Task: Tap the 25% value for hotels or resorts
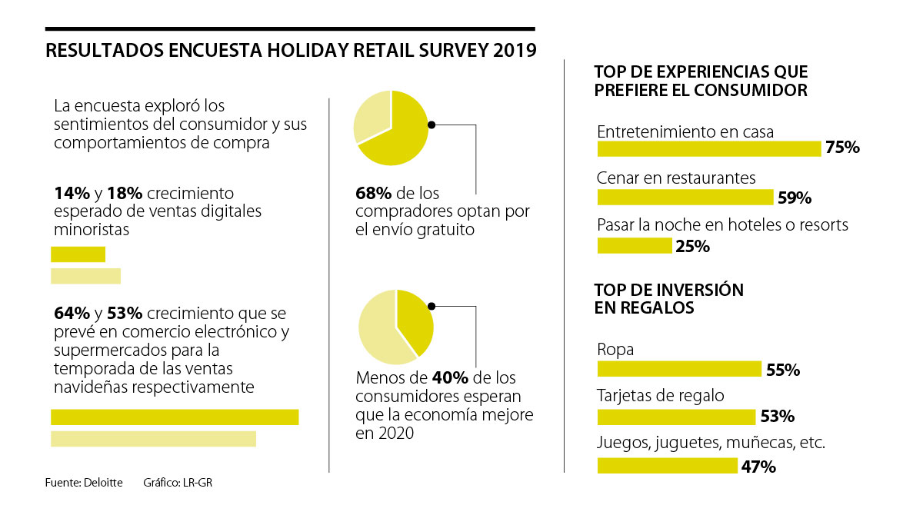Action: (x=691, y=247)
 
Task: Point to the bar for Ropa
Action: (x=679, y=369)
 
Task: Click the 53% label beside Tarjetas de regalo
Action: (x=777, y=417)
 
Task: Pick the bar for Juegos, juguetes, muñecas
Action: (x=667, y=465)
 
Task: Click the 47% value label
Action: (x=758, y=467)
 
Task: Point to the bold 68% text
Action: (x=371, y=194)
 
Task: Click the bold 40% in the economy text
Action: (x=448, y=378)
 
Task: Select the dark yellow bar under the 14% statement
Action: (x=78, y=254)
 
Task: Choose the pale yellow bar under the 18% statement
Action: (x=85, y=276)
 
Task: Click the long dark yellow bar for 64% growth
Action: (x=175, y=417)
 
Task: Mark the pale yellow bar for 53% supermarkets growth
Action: (x=153, y=439)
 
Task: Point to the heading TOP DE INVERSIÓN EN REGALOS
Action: (x=668, y=299)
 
